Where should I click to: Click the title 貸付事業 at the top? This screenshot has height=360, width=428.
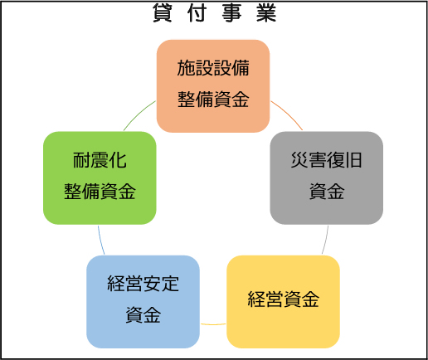click(x=214, y=13)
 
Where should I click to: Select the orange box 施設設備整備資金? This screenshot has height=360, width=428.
click(x=213, y=86)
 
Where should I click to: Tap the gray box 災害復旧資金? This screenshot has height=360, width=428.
click(x=327, y=178)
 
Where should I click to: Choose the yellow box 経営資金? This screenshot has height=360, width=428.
click(x=283, y=302)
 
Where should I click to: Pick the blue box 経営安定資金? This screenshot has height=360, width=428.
click(x=143, y=302)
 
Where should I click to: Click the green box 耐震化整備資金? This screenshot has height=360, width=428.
click(x=100, y=178)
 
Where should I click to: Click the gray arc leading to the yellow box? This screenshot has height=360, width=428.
click(x=326, y=240)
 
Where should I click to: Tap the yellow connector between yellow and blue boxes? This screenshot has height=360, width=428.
click(x=213, y=324)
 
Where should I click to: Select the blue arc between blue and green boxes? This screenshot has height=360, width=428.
click(x=100, y=240)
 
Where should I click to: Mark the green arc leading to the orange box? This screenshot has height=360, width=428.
click(x=139, y=114)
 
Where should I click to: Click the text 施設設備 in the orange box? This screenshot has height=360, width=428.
click(x=213, y=68)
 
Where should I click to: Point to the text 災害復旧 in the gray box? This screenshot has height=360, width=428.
click(x=327, y=160)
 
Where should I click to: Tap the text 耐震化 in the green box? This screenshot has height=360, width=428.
click(x=100, y=160)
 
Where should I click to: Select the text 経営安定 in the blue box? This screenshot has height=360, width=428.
click(x=143, y=284)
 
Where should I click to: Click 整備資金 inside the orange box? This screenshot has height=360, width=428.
click(x=213, y=100)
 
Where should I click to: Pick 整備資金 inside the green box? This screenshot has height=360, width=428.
click(x=100, y=192)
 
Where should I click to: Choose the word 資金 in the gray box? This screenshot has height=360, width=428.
click(x=327, y=192)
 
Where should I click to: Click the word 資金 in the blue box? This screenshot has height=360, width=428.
click(x=143, y=315)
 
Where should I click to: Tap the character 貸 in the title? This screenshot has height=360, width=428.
click(x=163, y=13)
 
